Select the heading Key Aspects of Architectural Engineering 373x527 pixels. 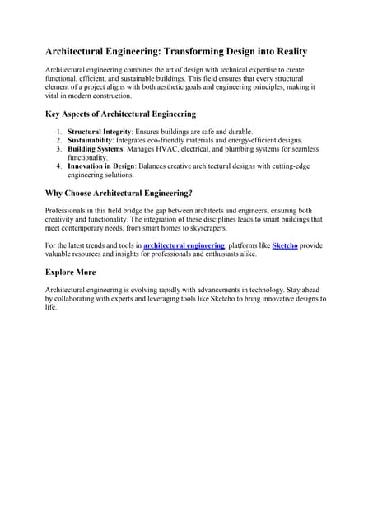(x=120, y=114)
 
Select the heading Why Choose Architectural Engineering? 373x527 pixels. (x=119, y=193)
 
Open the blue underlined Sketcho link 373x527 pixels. (x=285, y=245)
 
